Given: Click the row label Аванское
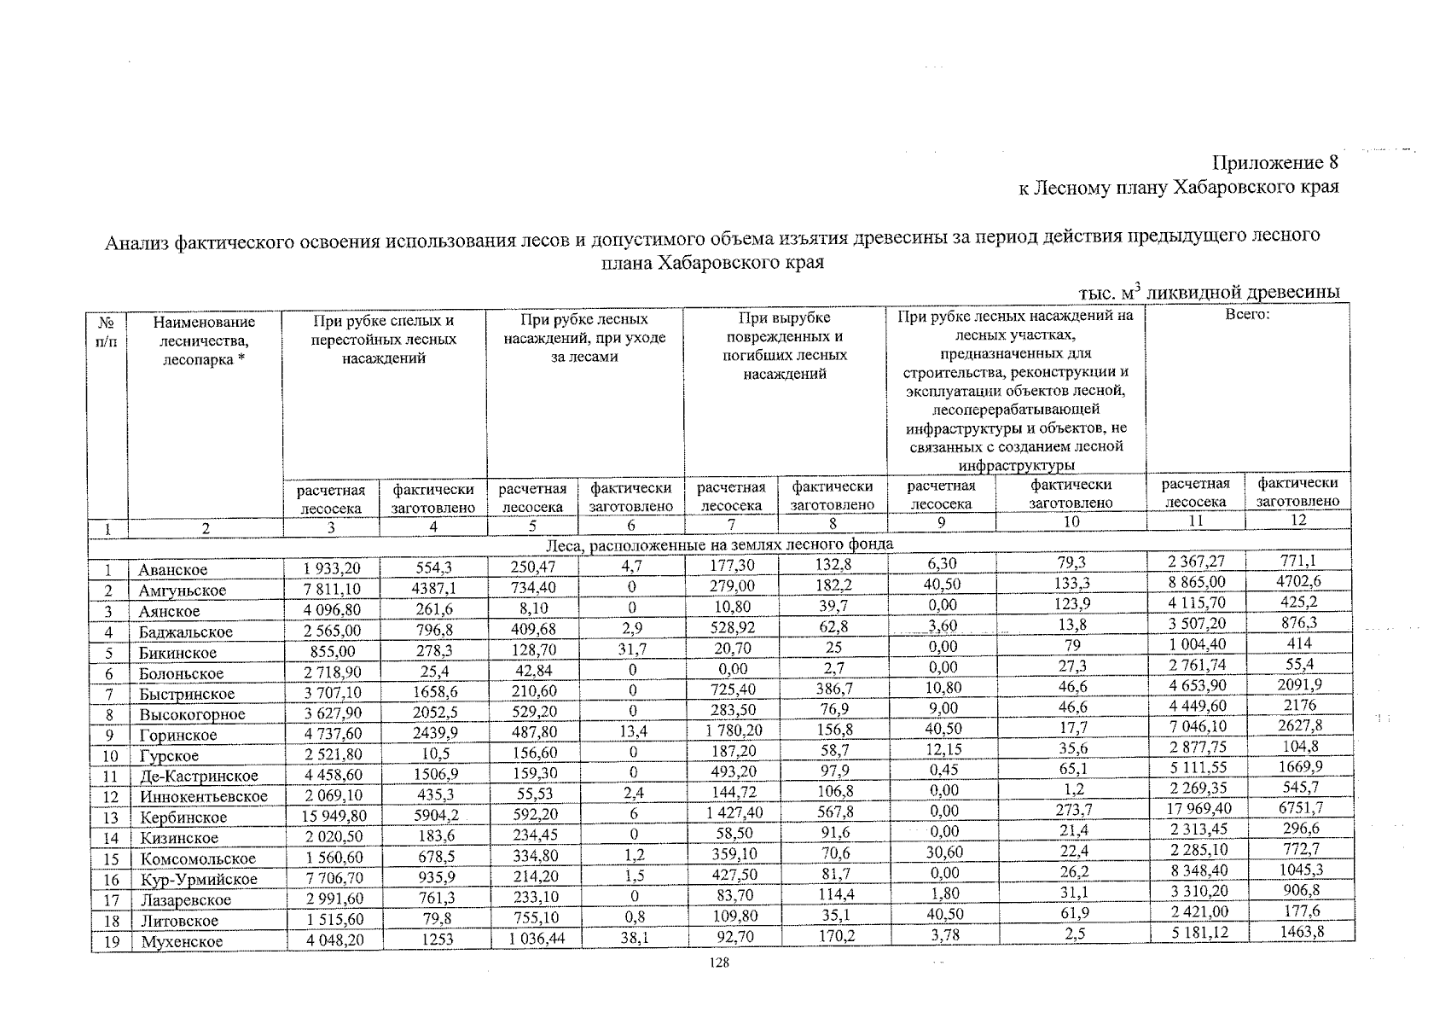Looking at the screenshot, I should pyautogui.click(x=173, y=570).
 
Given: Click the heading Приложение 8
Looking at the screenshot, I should pyautogui.click(x=1275, y=162).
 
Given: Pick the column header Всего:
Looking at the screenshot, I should pyautogui.click(x=1247, y=315).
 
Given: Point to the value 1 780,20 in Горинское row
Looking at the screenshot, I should pyautogui.click(x=734, y=730).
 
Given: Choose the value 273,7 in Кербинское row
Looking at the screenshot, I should pyautogui.click(x=1071, y=810).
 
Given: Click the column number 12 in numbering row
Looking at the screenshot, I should pyautogui.click(x=1297, y=520).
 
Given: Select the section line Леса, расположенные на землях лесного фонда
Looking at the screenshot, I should pyautogui.click(x=719, y=544).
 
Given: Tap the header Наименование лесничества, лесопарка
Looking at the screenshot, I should pyautogui.click(x=204, y=341).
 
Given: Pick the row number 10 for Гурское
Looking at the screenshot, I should pyautogui.click(x=109, y=756).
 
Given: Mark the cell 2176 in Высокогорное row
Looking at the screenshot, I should pyautogui.click(x=1299, y=705).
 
